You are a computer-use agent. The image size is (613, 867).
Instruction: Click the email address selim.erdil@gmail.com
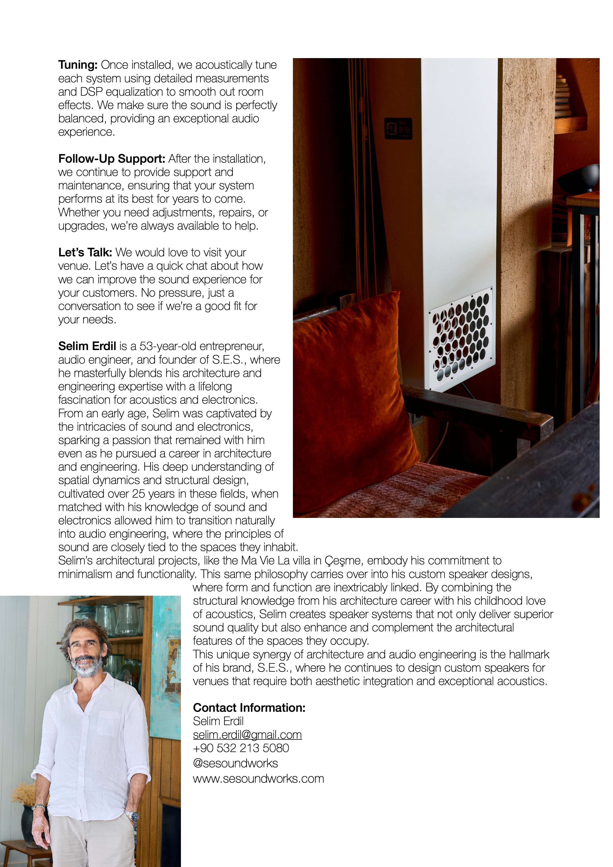(x=247, y=734)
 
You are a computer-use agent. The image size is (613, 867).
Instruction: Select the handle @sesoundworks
(x=235, y=763)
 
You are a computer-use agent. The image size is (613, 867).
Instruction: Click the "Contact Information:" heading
(x=249, y=708)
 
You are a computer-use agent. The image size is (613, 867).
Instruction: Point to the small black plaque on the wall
(x=398, y=128)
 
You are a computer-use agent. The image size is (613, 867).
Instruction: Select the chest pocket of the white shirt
(x=109, y=723)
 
